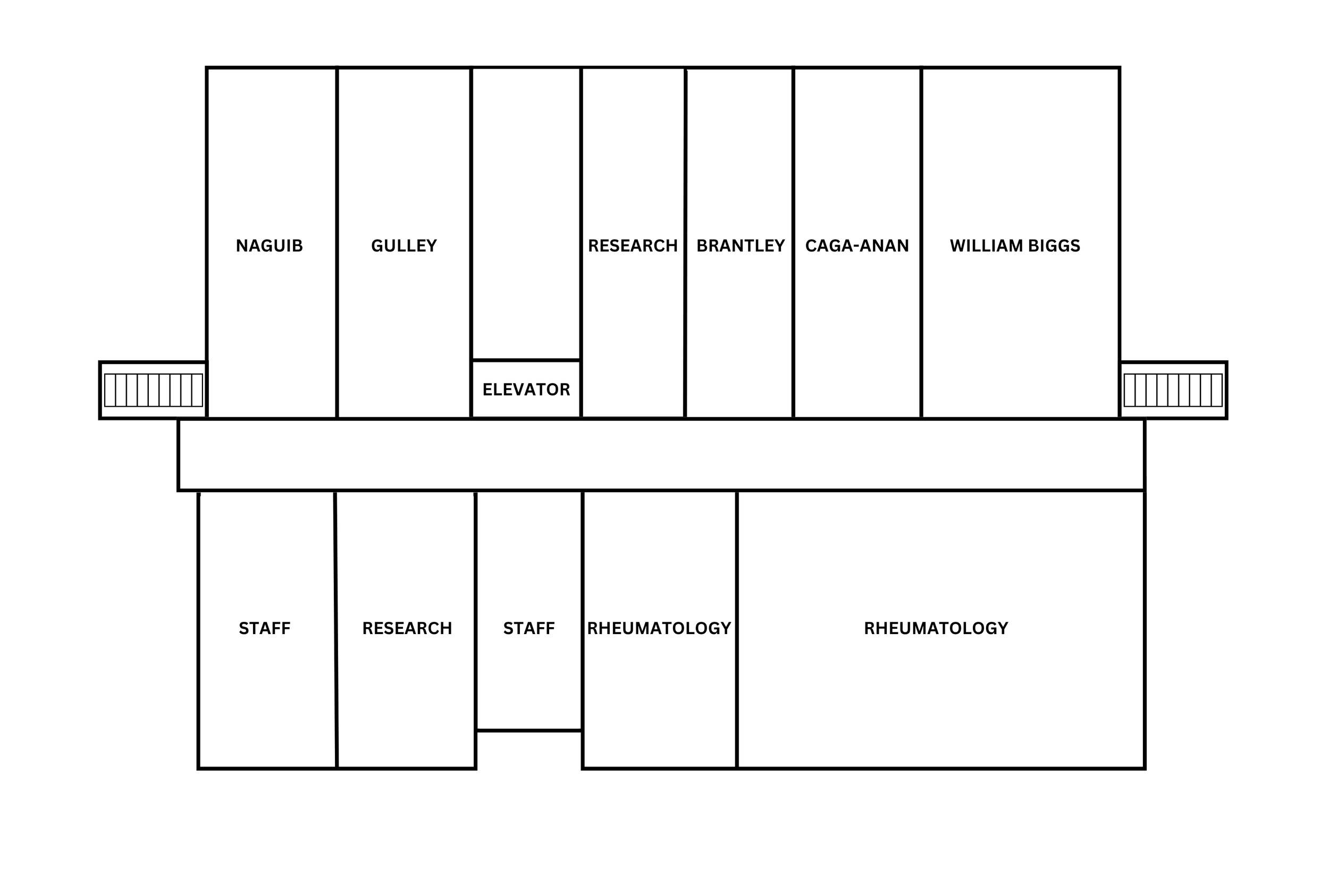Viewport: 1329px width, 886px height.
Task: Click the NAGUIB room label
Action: click(x=269, y=246)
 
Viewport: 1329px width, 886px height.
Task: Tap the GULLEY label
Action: click(x=403, y=246)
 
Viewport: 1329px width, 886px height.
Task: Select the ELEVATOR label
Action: click(x=526, y=390)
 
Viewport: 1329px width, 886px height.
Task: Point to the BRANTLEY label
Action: click(x=740, y=246)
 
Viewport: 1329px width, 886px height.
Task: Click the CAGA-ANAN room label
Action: click(x=856, y=246)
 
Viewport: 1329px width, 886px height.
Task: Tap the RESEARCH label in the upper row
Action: click(x=632, y=246)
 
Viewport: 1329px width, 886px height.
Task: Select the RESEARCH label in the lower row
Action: click(x=407, y=628)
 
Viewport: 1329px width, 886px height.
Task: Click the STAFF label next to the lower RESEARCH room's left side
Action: click(x=264, y=628)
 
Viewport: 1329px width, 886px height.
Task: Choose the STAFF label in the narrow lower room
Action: click(x=529, y=628)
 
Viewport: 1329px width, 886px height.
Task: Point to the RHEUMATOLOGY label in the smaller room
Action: click(x=659, y=628)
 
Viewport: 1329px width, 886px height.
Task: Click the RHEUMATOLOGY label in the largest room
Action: click(x=936, y=628)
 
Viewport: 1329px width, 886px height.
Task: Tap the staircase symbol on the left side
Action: click(x=153, y=390)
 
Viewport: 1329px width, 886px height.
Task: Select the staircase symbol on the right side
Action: click(x=1173, y=390)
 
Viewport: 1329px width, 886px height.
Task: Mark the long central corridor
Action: click(x=661, y=455)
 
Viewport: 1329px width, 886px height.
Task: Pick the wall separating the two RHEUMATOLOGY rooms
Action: click(x=737, y=706)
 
